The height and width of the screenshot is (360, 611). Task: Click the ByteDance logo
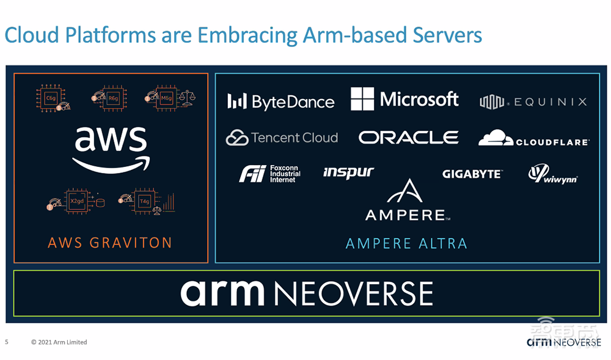pyautogui.click(x=280, y=101)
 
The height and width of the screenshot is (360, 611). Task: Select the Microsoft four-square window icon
pyautogui.click(x=362, y=99)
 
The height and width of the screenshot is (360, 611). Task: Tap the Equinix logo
pyautogui.click(x=533, y=101)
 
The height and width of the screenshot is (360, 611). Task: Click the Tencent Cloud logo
pyautogui.click(x=282, y=138)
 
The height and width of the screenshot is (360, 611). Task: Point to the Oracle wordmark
pyautogui.click(x=408, y=138)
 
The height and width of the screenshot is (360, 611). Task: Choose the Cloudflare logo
pyautogui.click(x=533, y=138)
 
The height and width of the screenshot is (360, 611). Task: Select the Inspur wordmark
pyautogui.click(x=348, y=172)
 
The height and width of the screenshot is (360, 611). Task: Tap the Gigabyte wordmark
pyautogui.click(x=472, y=174)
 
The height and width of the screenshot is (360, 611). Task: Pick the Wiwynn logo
pyautogui.click(x=552, y=174)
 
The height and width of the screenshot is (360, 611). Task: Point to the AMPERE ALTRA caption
pyautogui.click(x=406, y=243)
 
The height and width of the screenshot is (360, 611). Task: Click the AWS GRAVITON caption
pyautogui.click(x=110, y=243)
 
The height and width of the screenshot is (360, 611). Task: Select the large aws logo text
pyautogui.click(x=111, y=147)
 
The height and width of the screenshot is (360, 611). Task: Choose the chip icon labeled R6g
pyautogui.click(x=112, y=98)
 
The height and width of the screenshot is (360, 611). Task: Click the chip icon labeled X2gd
pyautogui.click(x=77, y=200)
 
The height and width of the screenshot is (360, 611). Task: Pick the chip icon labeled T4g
pyautogui.click(x=144, y=200)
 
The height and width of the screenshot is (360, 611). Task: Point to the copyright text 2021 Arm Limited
pyautogui.click(x=59, y=342)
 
